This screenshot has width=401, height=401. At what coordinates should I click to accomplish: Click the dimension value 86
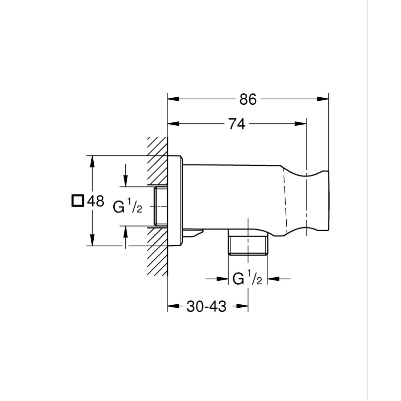point(248,99)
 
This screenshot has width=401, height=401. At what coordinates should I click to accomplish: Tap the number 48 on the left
point(95,202)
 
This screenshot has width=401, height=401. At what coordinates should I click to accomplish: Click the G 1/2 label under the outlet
point(247,279)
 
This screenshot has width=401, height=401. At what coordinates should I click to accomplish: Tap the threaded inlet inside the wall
point(160,206)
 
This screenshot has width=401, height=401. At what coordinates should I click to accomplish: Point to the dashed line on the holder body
point(287,200)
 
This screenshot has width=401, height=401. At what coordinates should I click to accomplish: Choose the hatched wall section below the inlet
point(157,256)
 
